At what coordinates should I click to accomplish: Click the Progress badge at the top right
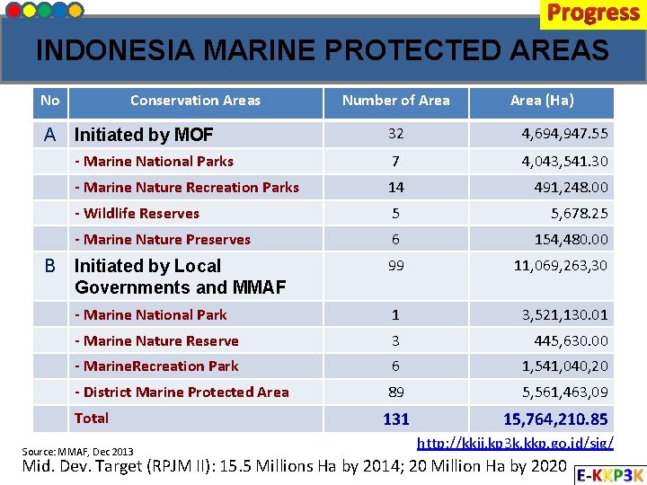pos(592,13)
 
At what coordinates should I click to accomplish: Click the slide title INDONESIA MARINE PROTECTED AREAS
pos(323,50)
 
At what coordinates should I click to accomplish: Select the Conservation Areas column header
pos(195,101)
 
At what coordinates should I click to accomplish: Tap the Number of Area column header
pos(395,101)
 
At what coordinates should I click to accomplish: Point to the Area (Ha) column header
pos(542,101)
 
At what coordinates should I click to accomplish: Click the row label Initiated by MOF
pos(144,135)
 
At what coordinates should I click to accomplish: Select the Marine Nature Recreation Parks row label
pos(187,187)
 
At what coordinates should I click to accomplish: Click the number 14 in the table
pos(395,187)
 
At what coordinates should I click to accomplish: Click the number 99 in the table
pos(395,266)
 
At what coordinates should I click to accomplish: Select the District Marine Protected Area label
pos(182,392)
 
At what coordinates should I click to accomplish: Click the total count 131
pos(395,419)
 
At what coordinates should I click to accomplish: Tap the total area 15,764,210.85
pos(555,419)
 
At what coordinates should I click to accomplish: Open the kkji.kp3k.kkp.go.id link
pos(516,443)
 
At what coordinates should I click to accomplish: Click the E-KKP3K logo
pos(610,474)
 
